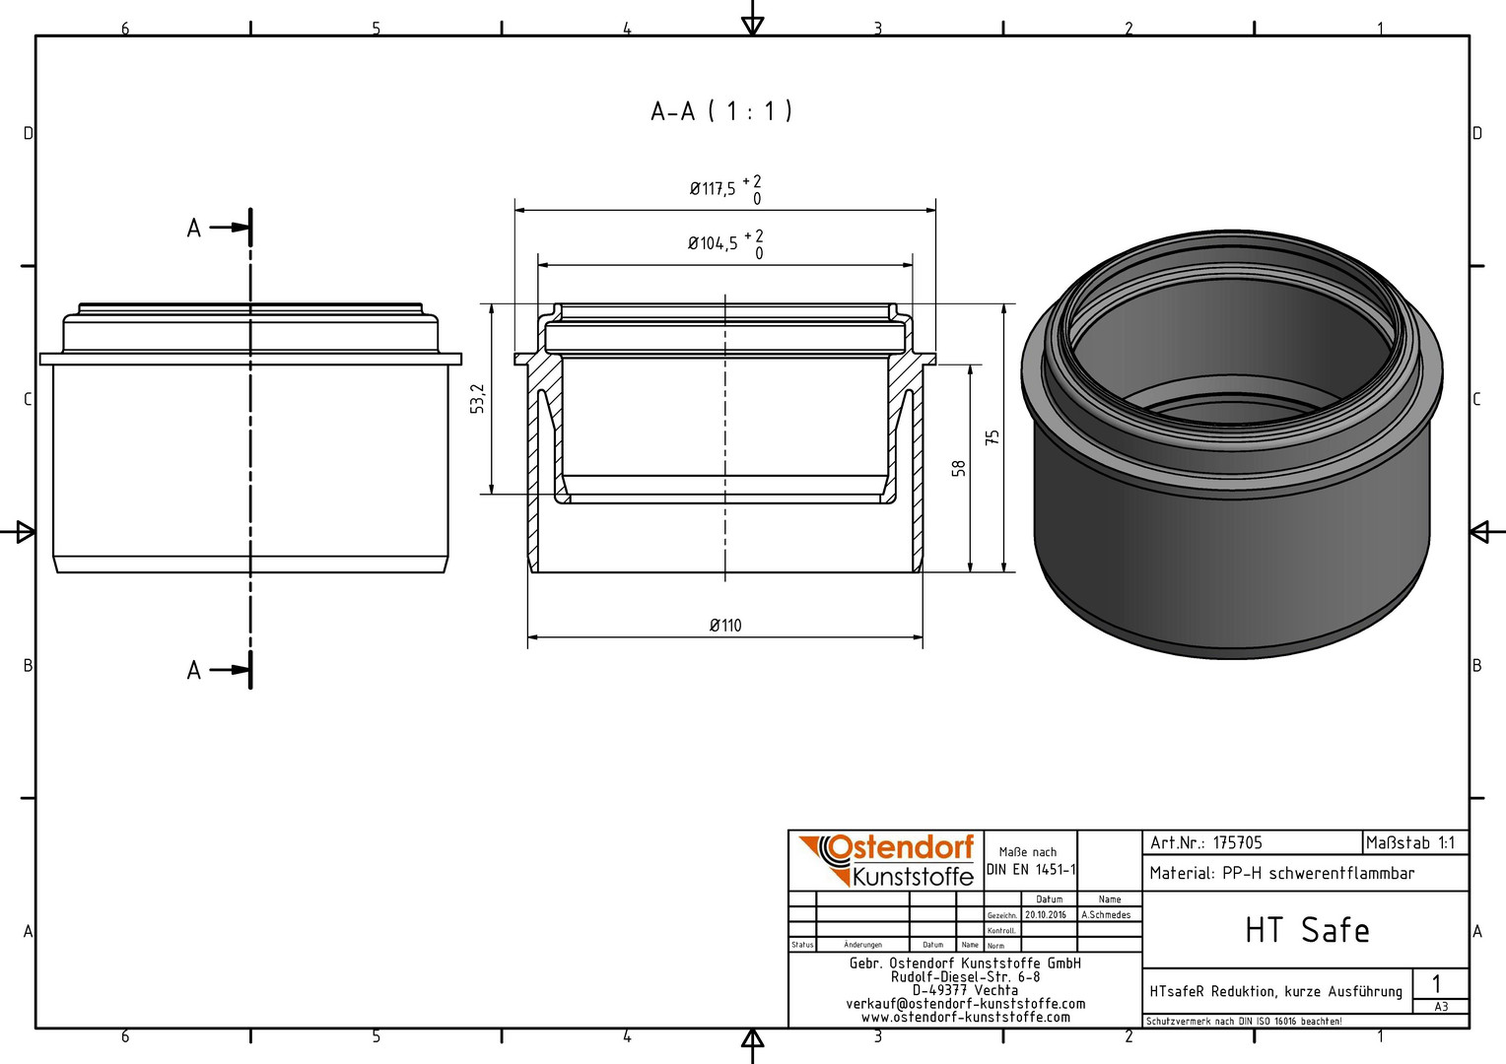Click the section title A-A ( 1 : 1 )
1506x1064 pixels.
pyautogui.click(x=721, y=111)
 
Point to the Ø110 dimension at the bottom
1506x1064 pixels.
pyautogui.click(x=725, y=626)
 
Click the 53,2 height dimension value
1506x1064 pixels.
pyautogui.click(x=477, y=399)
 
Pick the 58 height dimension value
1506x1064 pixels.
pyautogui.click(x=959, y=468)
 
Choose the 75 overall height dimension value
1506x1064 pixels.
pyautogui.click(x=992, y=437)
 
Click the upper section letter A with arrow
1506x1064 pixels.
pyautogui.click(x=219, y=228)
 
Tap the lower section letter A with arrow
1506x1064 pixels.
pyautogui.click(x=219, y=670)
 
